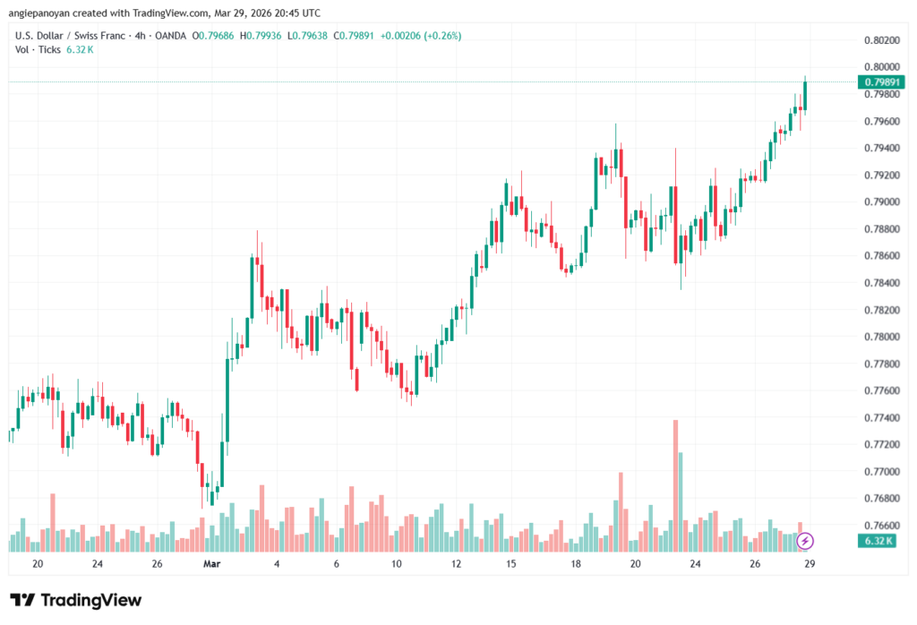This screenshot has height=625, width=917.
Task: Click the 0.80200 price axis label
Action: [881, 40]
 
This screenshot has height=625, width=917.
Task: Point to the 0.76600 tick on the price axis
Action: [881, 525]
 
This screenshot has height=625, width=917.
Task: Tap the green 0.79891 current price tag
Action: [881, 81]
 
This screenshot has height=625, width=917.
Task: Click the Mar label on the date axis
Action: [212, 564]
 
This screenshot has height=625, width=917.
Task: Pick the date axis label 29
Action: [809, 564]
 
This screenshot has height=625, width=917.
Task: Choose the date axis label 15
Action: [511, 564]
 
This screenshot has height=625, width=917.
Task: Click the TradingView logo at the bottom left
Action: [75, 600]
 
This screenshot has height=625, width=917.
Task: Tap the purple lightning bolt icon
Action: [805, 540]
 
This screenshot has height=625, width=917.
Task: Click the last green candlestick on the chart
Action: [805, 96]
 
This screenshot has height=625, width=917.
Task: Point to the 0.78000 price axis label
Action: [881, 337]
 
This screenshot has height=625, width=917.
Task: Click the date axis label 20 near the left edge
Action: [37, 564]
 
